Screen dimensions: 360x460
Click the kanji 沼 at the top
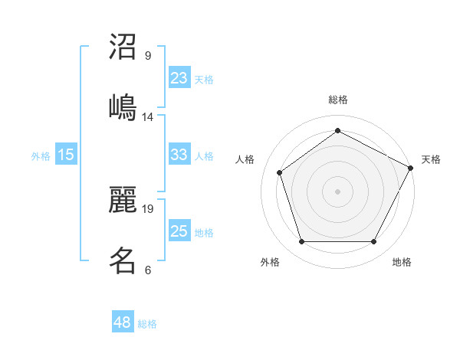[x=123, y=47]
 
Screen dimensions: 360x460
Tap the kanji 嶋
[x=123, y=106]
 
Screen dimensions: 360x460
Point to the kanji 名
[x=123, y=260]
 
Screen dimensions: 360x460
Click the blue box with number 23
[x=179, y=77]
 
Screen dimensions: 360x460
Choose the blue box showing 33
[x=179, y=155]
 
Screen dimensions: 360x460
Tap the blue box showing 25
[x=179, y=231]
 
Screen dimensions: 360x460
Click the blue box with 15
[x=66, y=155]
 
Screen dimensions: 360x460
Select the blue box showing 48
[x=123, y=322]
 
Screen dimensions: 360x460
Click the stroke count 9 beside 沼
[x=148, y=56]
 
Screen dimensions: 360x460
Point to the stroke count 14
[x=148, y=116]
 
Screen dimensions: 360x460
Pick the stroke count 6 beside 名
[x=148, y=270]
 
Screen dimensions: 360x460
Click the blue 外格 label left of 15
[x=41, y=156]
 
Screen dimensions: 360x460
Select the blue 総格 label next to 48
[x=147, y=324]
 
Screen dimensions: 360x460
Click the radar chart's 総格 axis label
[x=338, y=100]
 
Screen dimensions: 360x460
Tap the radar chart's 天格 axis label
[x=431, y=159]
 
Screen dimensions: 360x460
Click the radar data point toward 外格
[x=301, y=242]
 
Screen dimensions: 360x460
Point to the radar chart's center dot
[x=338, y=191]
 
